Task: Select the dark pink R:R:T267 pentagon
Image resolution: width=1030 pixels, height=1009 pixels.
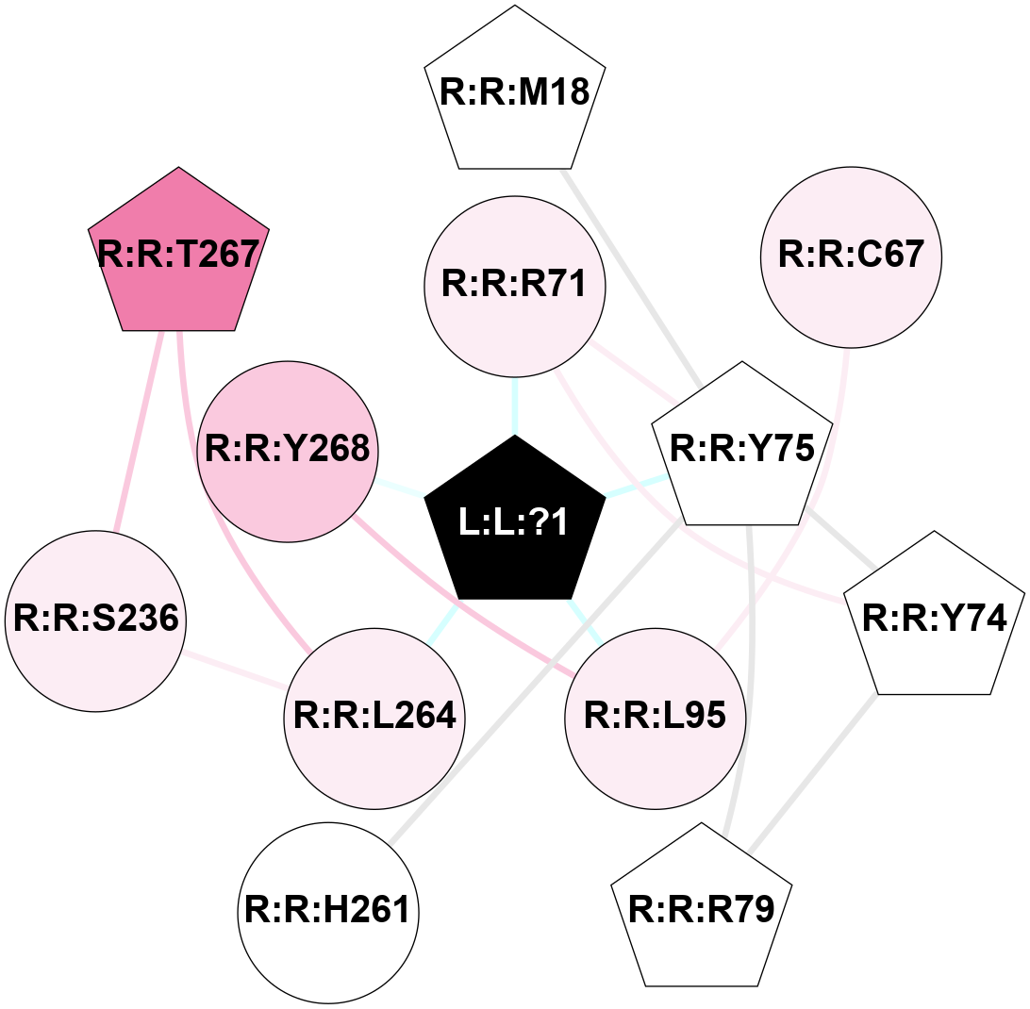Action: pyautogui.click(x=178, y=256)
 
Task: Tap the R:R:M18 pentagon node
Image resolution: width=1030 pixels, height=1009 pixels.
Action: pyautogui.click(x=514, y=93)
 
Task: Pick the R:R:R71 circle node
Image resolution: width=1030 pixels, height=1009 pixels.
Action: pyautogui.click(x=514, y=284)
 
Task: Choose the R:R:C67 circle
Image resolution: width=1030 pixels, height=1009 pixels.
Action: pyautogui.click(x=850, y=256)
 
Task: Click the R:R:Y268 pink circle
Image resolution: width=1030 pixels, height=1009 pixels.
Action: pyautogui.click(x=288, y=450)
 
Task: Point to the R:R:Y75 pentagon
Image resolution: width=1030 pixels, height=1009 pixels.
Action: pyautogui.click(x=742, y=450)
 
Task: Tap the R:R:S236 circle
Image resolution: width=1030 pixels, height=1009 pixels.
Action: pyautogui.click(x=95, y=620)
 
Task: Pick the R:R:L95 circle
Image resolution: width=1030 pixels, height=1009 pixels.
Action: pyautogui.click(x=656, y=718)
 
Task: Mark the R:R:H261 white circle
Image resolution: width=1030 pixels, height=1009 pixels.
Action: pyautogui.click(x=327, y=912)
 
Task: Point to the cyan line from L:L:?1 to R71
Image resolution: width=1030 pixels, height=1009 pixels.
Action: pyautogui.click(x=514, y=405)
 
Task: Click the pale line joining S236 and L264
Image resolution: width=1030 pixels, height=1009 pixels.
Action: pyautogui.click(x=237, y=670)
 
